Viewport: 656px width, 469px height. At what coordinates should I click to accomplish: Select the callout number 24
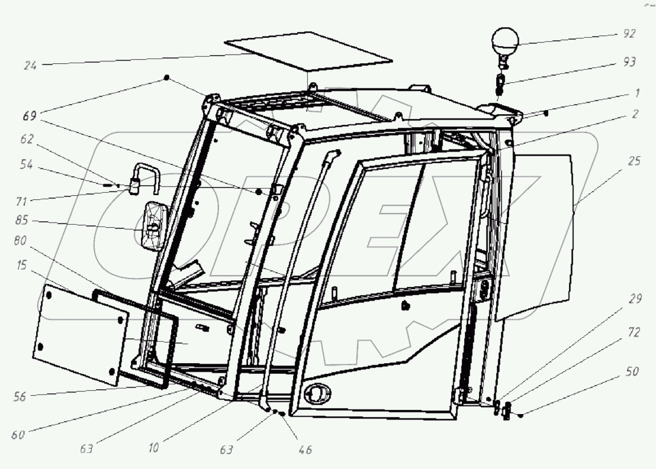[x=30, y=66]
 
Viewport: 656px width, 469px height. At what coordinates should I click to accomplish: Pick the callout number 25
[x=634, y=161]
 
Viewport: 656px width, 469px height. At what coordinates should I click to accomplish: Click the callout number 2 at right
[x=635, y=114]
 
